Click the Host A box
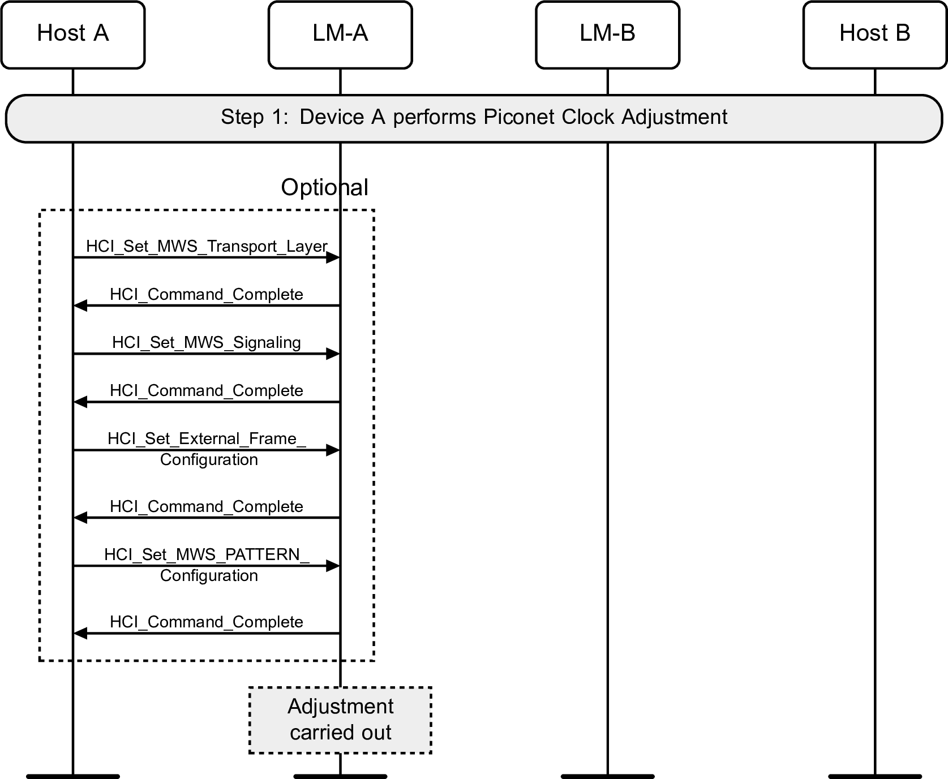tap(73, 35)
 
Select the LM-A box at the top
tap(340, 35)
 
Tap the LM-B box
tap(607, 35)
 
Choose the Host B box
tap(874, 35)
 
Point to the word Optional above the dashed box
tap(324, 188)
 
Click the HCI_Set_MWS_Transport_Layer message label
tap(207, 247)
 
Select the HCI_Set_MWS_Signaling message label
tap(207, 343)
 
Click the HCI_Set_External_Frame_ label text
tap(207, 439)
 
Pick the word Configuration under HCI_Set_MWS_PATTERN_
tap(209, 576)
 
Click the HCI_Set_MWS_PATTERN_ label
tap(207, 554)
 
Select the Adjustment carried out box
tap(340, 720)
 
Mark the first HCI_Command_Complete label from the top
tap(207, 295)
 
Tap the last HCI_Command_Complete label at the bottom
tap(207, 622)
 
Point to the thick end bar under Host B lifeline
tap(874, 776)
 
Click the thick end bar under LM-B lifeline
tap(607, 776)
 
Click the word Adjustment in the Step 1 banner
tap(674, 117)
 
